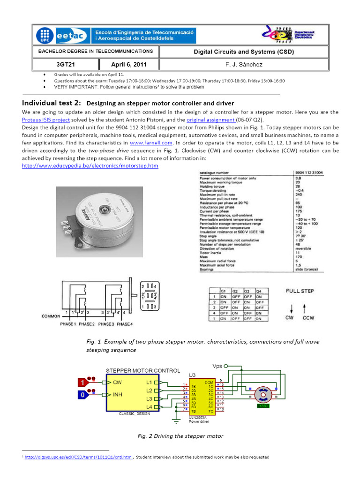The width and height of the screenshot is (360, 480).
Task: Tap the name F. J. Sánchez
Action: pyautogui.click(x=243, y=65)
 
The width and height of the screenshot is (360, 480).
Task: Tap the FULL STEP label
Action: pyautogui.click(x=300, y=291)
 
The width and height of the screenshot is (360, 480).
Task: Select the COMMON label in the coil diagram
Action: pyautogui.click(x=51, y=316)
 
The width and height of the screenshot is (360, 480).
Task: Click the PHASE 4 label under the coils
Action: pyautogui.click(x=124, y=324)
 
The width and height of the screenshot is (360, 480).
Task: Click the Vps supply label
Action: pyautogui.click(x=217, y=365)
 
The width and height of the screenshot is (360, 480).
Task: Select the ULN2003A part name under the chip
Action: pyautogui.click(x=197, y=417)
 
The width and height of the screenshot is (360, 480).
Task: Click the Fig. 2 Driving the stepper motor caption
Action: pyautogui.click(x=180, y=436)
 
